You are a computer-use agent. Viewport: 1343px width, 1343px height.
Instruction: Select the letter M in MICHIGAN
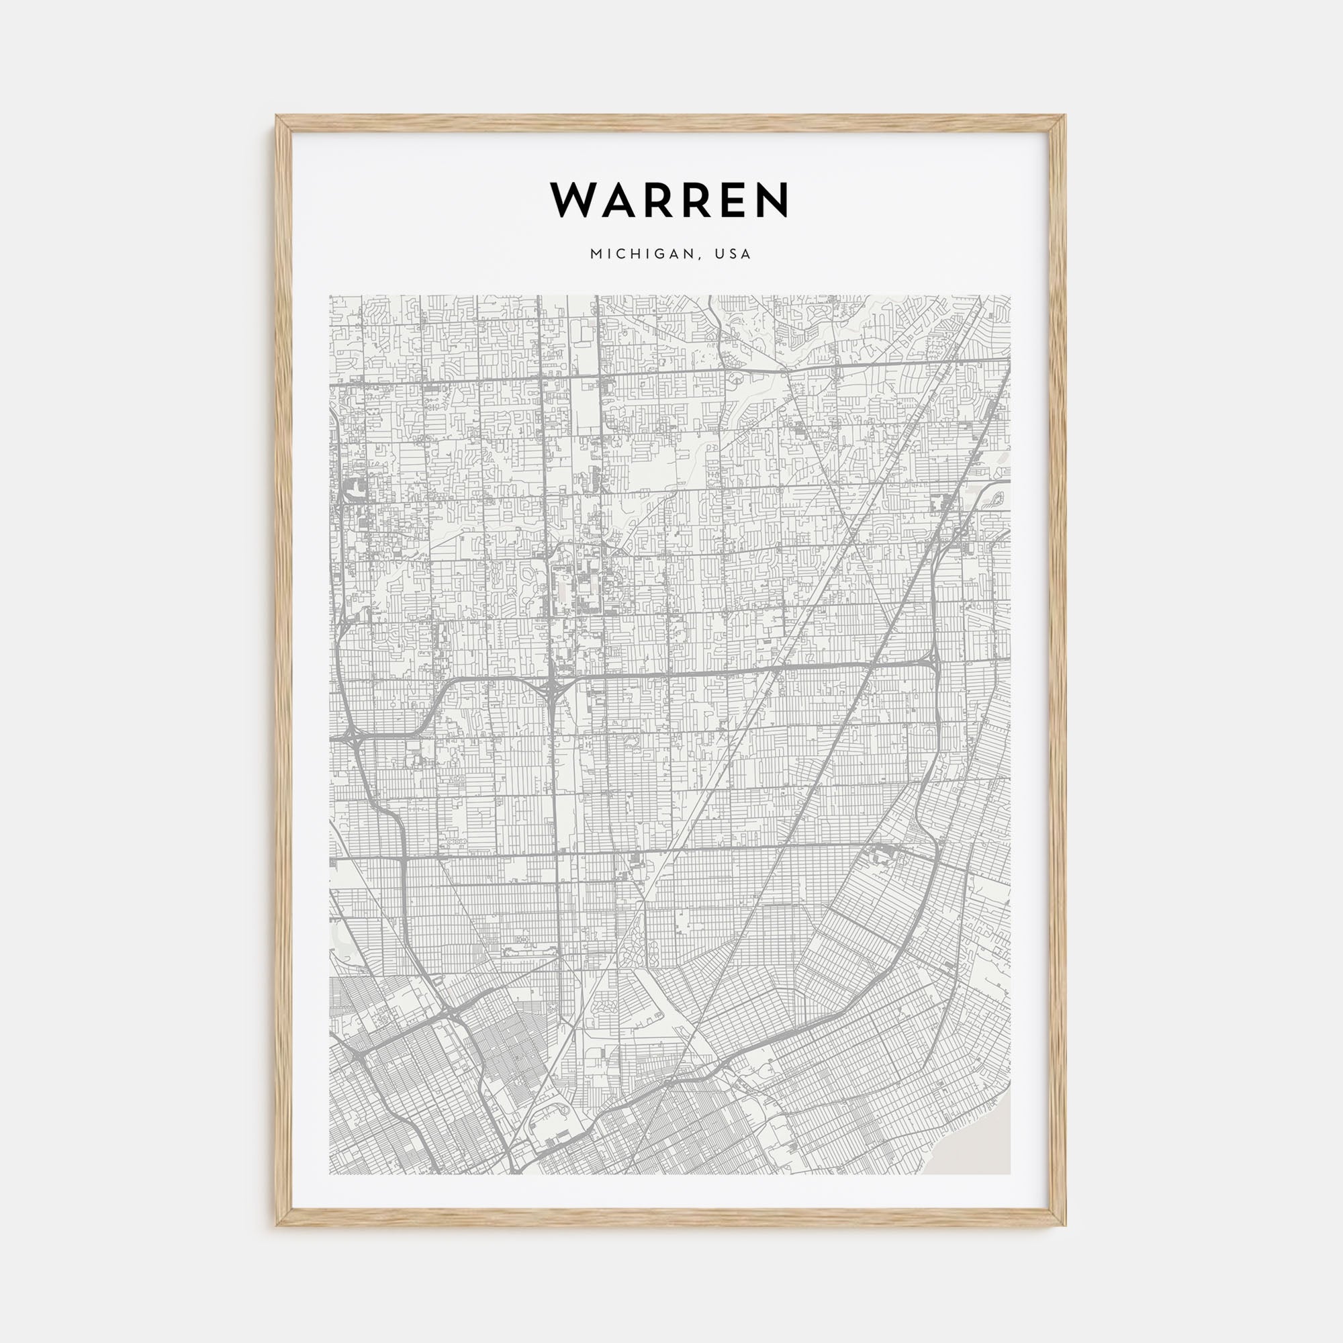point(596,254)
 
